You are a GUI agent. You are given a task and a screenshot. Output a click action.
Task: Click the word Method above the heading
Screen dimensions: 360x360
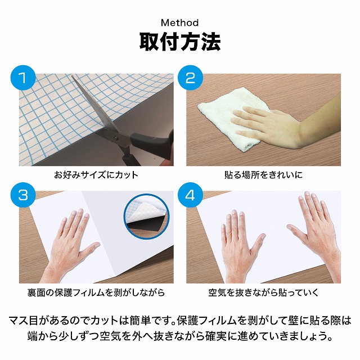coord(180,22)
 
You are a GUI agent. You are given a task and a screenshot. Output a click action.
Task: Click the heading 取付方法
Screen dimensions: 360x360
coord(180,42)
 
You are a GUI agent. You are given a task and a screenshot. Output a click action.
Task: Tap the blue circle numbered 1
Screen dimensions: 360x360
coord(23,78)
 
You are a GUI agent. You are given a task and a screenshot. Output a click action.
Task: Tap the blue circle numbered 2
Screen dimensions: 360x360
coord(190,78)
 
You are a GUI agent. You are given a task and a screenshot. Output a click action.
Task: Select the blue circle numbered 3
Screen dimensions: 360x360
coord(23,195)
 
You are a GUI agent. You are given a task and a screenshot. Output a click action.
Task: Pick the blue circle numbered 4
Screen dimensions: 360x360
coord(190,195)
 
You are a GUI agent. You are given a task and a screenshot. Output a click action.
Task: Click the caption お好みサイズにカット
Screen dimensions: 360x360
coord(96,175)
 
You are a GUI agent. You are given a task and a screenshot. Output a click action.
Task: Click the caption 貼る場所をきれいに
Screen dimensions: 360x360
coord(263,175)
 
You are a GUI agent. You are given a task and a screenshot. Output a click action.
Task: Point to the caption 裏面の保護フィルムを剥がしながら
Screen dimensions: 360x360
coord(96,292)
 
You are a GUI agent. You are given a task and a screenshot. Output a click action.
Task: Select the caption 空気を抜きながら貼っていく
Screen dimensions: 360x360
coord(263,292)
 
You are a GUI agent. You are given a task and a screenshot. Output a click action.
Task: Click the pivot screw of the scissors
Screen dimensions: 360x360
coord(115,138)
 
